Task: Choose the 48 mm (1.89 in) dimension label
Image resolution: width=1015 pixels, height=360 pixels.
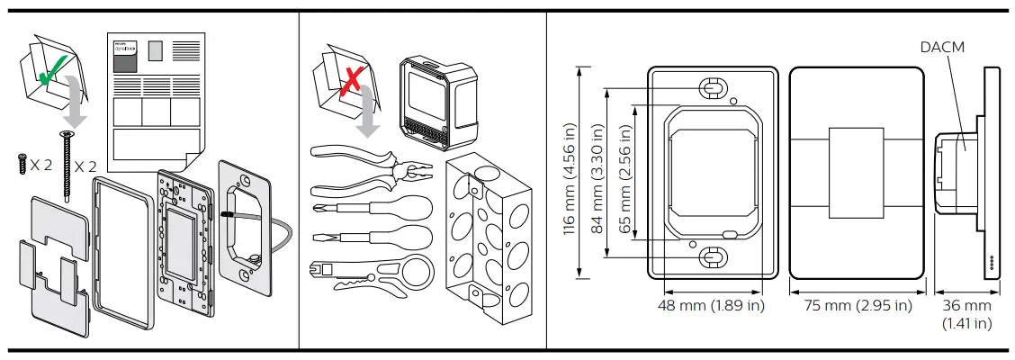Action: (x=711, y=306)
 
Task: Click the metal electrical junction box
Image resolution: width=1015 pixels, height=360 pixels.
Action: (x=488, y=225)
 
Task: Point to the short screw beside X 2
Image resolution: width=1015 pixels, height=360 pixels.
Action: (x=22, y=164)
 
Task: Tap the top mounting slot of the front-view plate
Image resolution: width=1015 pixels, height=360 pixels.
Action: (x=711, y=88)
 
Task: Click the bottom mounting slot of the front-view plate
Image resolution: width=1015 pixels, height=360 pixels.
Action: (x=711, y=256)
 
